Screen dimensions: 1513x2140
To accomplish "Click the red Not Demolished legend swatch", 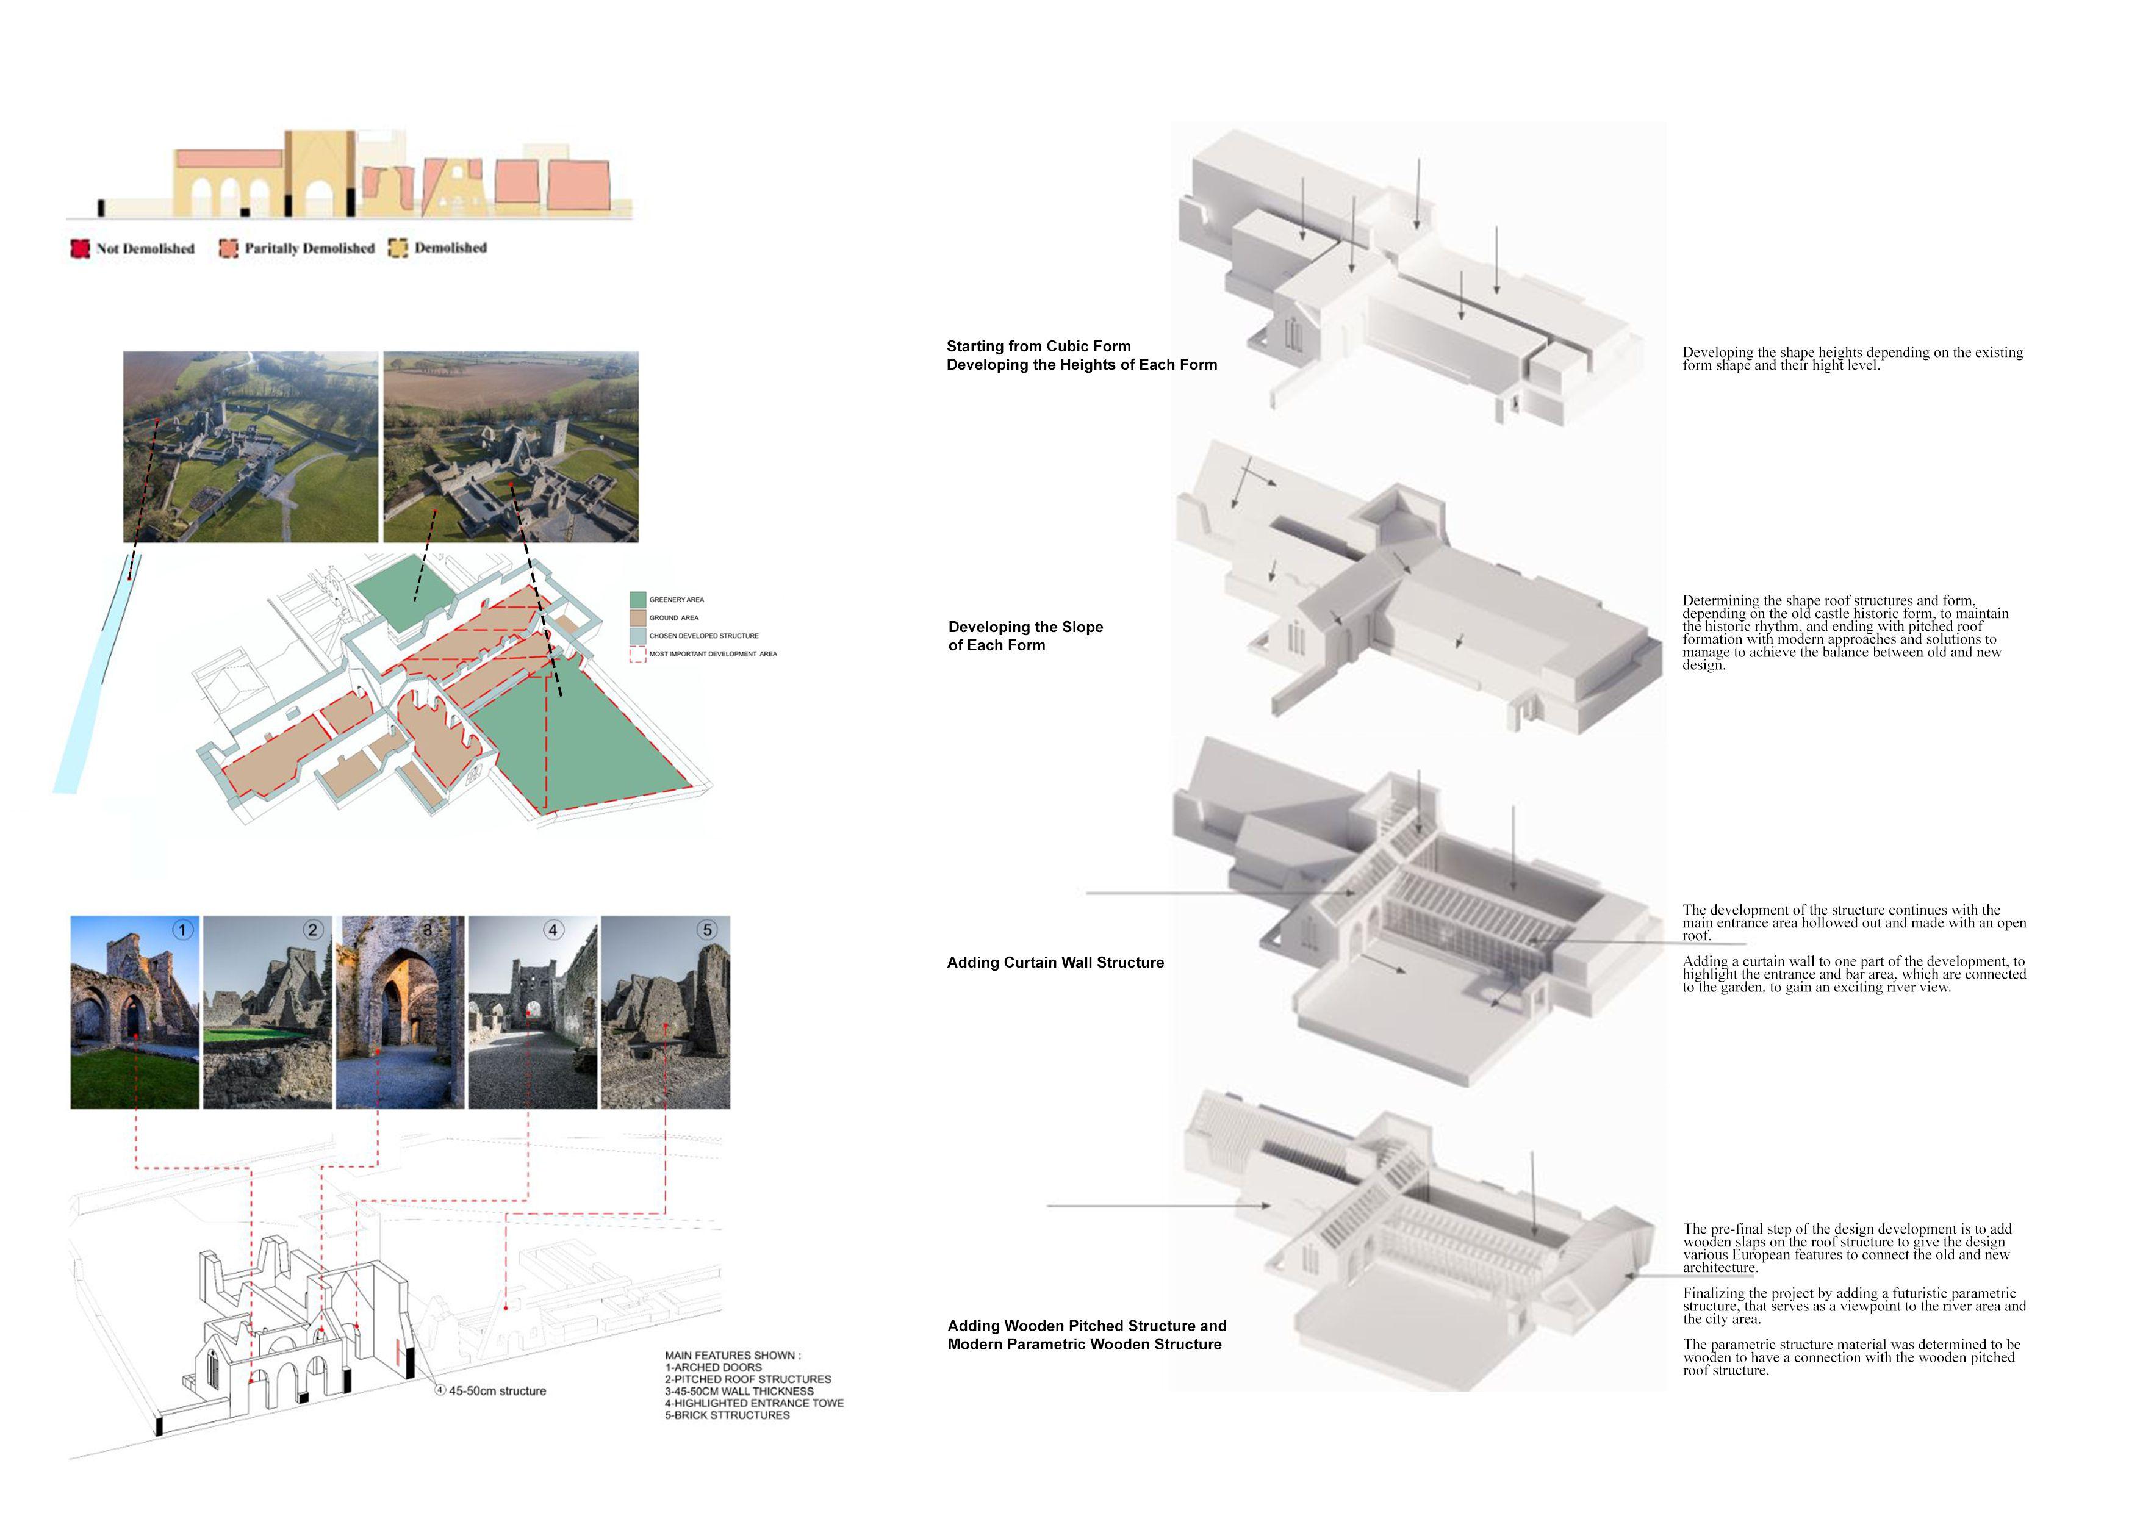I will (80, 248).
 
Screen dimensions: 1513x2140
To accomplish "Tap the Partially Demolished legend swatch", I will (228, 248).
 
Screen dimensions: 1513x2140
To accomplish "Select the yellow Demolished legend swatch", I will (398, 248).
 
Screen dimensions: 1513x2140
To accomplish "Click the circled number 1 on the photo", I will (182, 929).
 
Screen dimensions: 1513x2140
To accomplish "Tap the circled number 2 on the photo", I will (313, 929).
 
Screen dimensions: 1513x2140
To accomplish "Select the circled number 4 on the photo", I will (553, 929).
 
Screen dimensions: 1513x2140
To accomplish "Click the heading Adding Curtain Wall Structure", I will (1055, 962).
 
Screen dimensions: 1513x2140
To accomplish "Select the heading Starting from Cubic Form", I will (1038, 346).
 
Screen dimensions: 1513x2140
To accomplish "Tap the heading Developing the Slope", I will (1025, 627).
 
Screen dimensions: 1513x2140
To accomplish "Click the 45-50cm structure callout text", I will (497, 1391).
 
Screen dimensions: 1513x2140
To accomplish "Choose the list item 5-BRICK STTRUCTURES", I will (727, 1415).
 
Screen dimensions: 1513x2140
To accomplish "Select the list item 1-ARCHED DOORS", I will (713, 1368).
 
